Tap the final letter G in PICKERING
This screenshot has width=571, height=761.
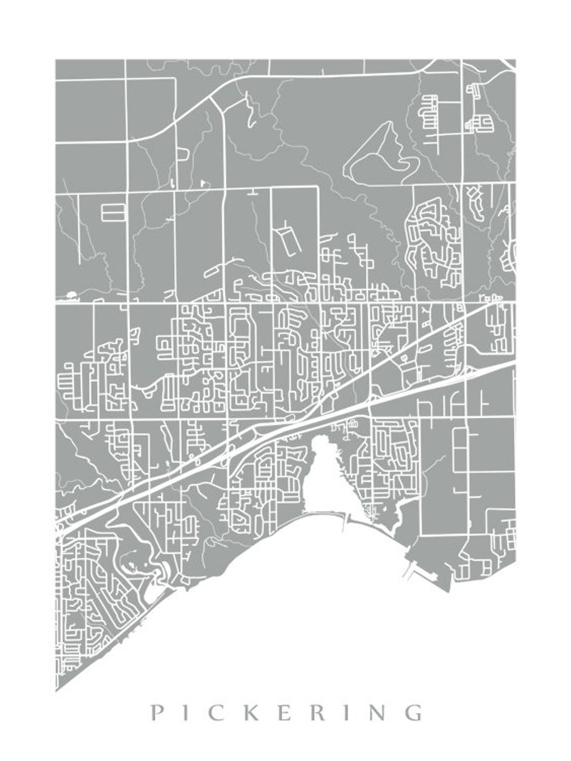(x=414, y=713)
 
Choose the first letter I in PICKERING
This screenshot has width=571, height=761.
(x=190, y=713)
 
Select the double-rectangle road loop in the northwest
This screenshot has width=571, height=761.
(x=113, y=212)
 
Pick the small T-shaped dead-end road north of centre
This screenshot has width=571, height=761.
(x=252, y=192)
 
